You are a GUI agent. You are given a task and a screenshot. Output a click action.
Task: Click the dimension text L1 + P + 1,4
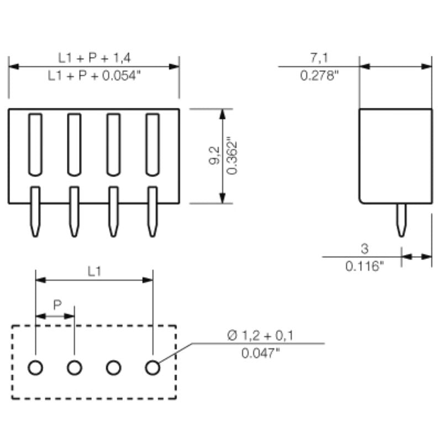pyautogui.click(x=94, y=57)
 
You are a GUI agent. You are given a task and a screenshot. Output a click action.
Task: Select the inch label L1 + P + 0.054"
pyautogui.click(x=94, y=76)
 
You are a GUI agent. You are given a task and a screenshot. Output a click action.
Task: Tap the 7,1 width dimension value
pyautogui.click(x=319, y=57)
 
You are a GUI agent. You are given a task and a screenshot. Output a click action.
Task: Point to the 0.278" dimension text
pyautogui.click(x=319, y=76)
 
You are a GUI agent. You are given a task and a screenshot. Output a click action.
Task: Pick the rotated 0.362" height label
pyautogui.click(x=233, y=156)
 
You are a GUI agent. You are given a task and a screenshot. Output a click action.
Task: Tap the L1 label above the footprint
pyautogui.click(x=94, y=271)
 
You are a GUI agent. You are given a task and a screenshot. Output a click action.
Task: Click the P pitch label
pyautogui.click(x=57, y=304)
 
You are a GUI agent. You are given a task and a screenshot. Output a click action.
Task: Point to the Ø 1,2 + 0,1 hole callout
pyautogui.click(x=260, y=335)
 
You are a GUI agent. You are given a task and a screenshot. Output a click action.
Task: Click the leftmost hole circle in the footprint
pyautogui.click(x=35, y=367)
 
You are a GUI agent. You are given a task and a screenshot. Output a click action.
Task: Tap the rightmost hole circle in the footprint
pyautogui.click(x=152, y=367)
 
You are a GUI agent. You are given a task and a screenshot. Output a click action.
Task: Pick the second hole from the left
pyautogui.click(x=75, y=367)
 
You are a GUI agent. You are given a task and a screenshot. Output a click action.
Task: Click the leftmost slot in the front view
pyautogui.click(x=35, y=144)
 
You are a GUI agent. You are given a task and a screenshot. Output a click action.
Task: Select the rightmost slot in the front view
pyautogui.click(x=152, y=144)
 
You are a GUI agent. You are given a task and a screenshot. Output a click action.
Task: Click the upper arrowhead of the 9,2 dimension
pyautogui.click(x=223, y=113)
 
